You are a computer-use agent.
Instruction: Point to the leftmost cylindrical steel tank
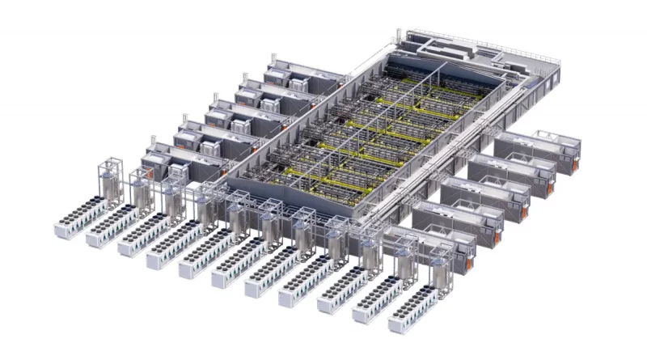(x=113, y=185)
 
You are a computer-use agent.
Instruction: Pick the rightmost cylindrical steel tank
(x=441, y=275)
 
